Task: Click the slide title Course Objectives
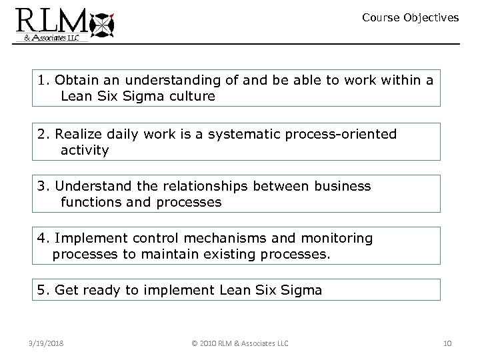[x=410, y=18]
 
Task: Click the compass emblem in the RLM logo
[x=101, y=25]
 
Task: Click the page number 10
[x=446, y=343]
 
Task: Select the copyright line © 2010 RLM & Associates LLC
[x=239, y=343]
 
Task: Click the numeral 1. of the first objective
[x=45, y=81]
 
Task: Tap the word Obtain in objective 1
[x=75, y=81]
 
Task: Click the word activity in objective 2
[x=85, y=151]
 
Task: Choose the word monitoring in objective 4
[x=338, y=238]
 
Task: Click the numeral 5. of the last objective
[x=45, y=290]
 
